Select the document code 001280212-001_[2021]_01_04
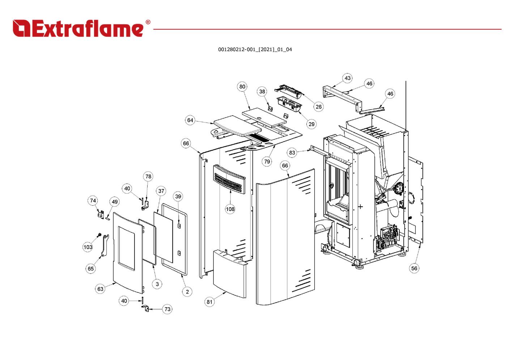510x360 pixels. tap(255, 50)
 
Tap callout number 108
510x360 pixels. tap(230, 209)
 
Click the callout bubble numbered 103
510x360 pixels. tap(88, 247)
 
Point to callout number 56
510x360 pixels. tap(414, 268)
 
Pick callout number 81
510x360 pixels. tap(209, 302)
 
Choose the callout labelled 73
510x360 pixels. tap(167, 309)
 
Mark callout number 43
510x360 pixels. tap(347, 78)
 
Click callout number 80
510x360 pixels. tap(242, 86)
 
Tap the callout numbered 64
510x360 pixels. tap(190, 120)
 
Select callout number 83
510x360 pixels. tap(292, 153)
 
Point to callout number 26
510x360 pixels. tap(318, 107)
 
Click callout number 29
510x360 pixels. tap(311, 124)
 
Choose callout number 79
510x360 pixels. tap(267, 162)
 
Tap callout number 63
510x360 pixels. tap(100, 289)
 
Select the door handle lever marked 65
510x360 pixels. tap(105, 245)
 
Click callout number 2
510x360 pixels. tap(187, 292)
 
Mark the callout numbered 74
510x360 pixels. tap(93, 201)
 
